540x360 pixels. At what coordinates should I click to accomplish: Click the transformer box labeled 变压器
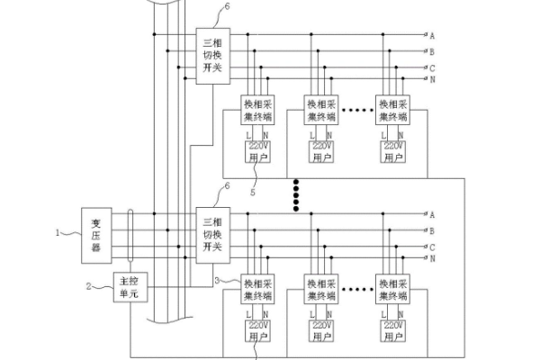click(95, 236)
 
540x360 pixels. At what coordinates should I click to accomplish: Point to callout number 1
click(60, 231)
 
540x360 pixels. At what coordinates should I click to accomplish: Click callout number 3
click(217, 281)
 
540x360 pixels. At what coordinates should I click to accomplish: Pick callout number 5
click(254, 191)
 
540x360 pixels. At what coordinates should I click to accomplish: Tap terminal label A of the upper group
click(432, 36)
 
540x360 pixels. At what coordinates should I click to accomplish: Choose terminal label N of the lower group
click(432, 258)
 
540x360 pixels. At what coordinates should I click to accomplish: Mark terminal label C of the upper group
click(432, 67)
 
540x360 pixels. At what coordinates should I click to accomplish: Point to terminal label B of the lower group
click(432, 230)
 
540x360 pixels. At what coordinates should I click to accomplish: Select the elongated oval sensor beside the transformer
click(132, 236)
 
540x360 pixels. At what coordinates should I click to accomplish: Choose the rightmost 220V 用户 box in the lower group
click(394, 330)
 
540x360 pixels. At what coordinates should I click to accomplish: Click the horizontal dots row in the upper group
click(357, 111)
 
